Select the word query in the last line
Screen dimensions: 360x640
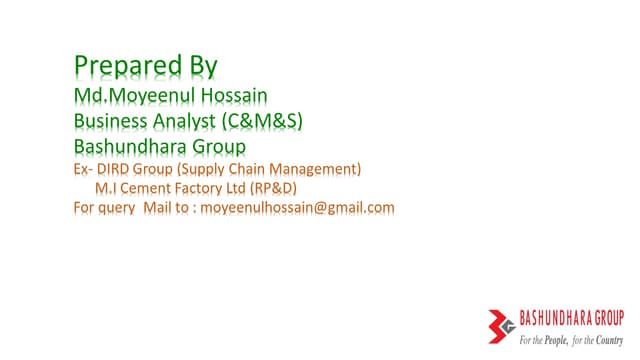click(x=117, y=208)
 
